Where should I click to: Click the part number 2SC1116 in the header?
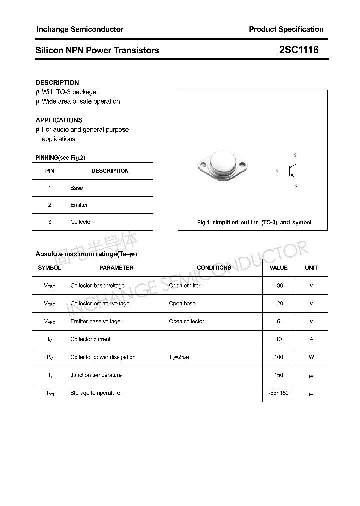pos(298,50)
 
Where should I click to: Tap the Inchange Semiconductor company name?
pos(80,29)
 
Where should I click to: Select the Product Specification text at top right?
pos(286,29)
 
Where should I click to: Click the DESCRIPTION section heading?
pos(57,82)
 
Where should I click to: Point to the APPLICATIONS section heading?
pos(59,120)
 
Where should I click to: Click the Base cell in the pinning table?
pos(77,188)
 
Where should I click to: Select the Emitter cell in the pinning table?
pos(79,205)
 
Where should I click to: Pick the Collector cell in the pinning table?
pos(81,222)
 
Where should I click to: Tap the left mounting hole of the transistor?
pos(203,164)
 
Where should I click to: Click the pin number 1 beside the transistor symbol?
pos(277,171)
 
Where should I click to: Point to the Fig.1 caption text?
pos(254,222)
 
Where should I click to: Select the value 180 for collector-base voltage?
pos(278,286)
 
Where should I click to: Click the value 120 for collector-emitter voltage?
pos(278,303)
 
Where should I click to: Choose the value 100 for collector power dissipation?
pos(278,357)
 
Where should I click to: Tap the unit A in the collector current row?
pos(311,339)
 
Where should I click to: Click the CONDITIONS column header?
pos(214,268)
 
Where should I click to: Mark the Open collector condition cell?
pos(186,321)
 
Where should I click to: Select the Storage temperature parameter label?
pos(95,393)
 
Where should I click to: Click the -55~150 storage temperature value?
pos(278,393)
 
